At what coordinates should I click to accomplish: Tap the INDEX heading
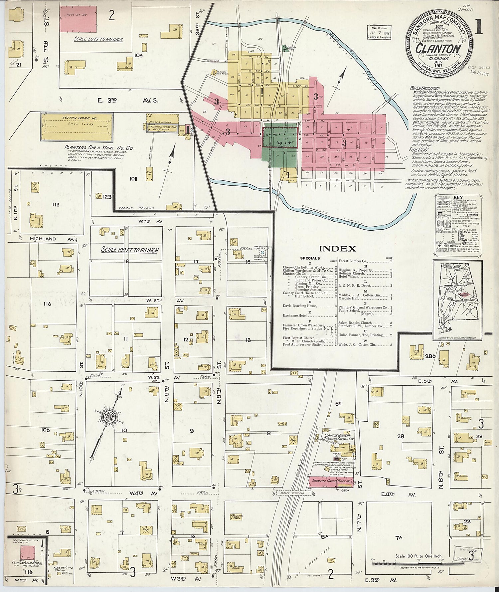click(x=338, y=249)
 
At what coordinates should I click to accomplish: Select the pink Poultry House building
click(x=78, y=19)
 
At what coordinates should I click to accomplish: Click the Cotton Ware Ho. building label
click(x=77, y=118)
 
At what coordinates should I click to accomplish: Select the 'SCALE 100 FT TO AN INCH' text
click(x=130, y=250)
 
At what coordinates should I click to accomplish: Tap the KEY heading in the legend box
click(x=458, y=197)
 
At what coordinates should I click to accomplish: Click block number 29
click(x=401, y=436)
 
